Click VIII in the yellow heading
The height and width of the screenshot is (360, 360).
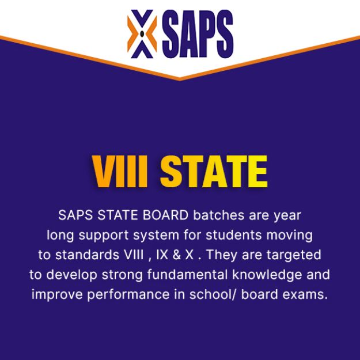click(x=120, y=171)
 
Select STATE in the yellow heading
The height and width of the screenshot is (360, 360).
click(x=213, y=171)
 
